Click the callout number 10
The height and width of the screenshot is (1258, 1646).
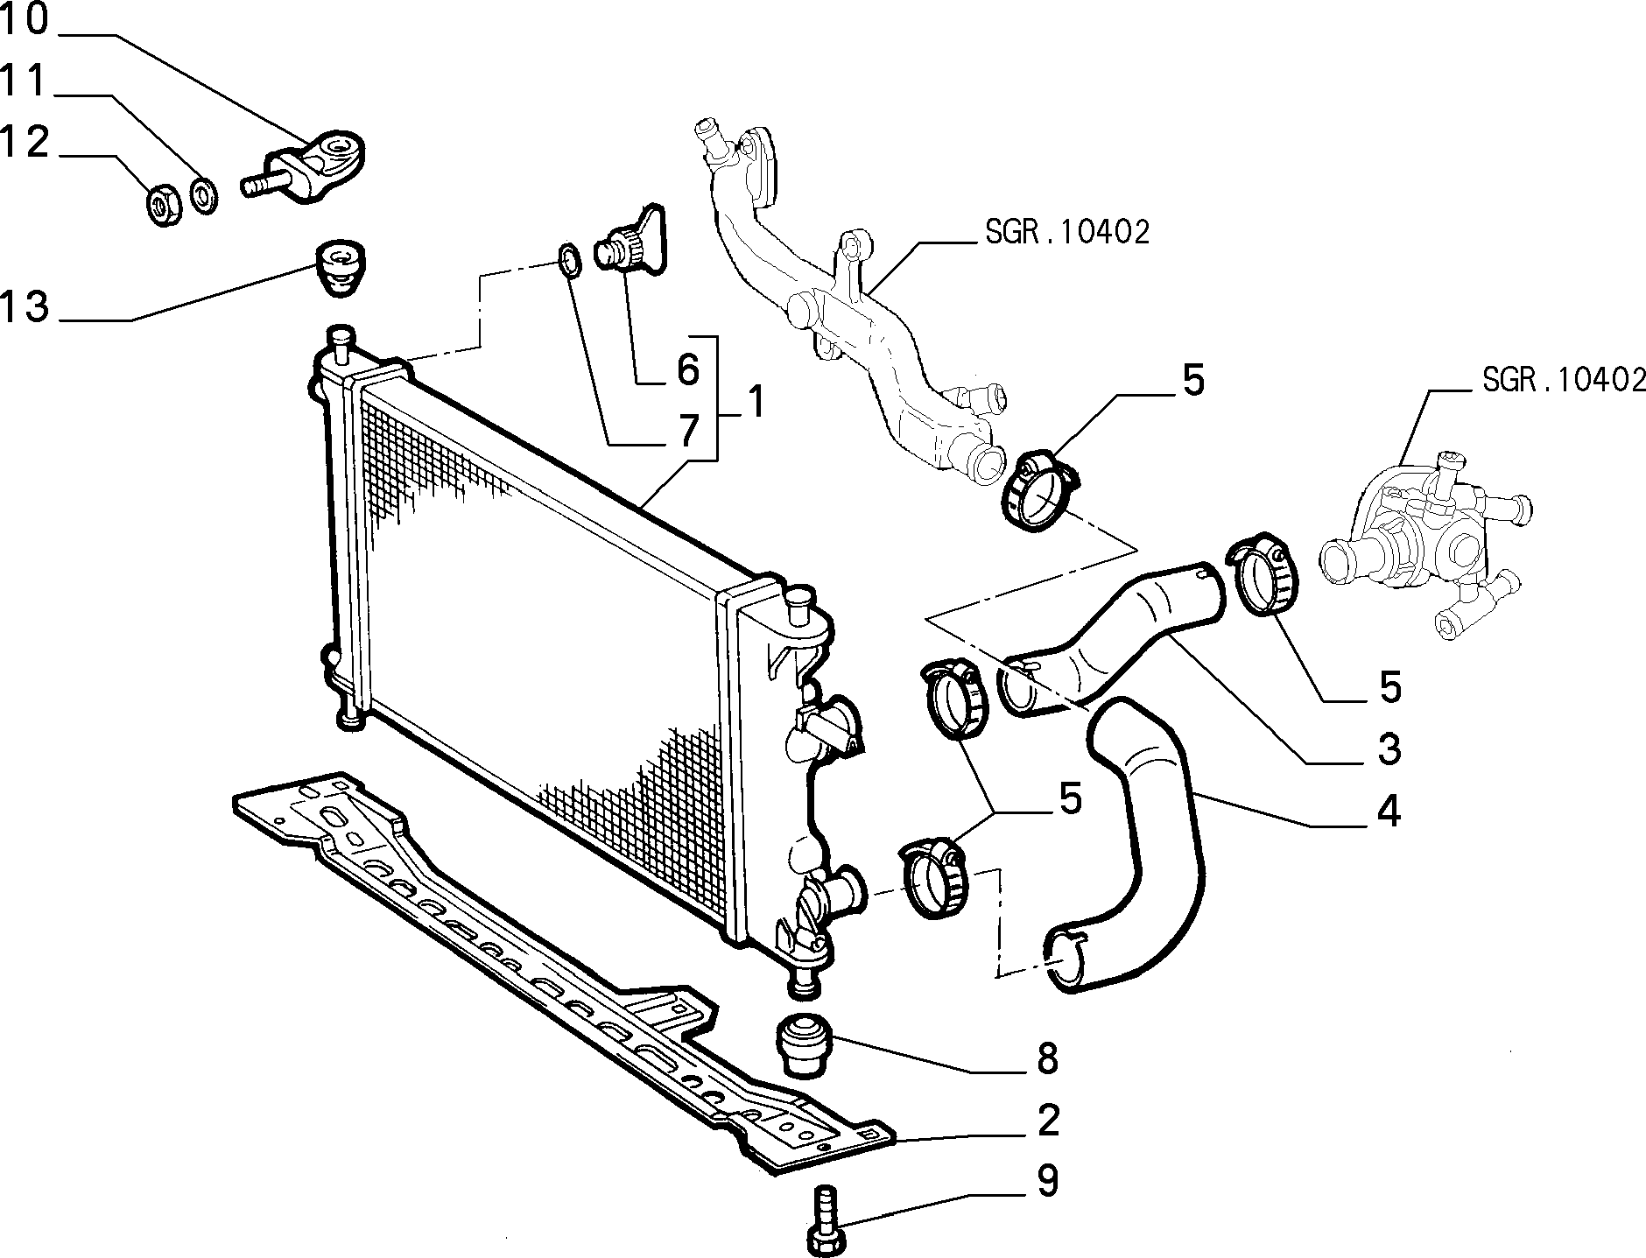24,20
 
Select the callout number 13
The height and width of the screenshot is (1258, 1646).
24,306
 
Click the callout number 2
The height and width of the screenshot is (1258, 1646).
1047,1121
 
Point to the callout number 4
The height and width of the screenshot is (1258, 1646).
1389,812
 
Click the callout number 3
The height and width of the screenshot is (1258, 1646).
1389,749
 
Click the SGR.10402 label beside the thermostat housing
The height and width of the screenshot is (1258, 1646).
1564,379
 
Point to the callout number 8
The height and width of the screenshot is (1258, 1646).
1046,1059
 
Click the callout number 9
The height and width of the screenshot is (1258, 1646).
1047,1181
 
